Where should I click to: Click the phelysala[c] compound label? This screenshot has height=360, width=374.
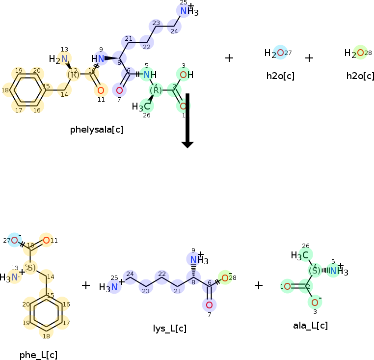tap(96, 130)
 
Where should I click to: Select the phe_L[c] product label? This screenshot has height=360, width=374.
tap(38, 355)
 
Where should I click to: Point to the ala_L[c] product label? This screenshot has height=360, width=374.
tap(310, 325)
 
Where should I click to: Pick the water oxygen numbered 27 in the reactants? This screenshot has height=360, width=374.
tap(280, 53)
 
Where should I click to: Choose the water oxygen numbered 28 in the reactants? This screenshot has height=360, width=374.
tap(360, 53)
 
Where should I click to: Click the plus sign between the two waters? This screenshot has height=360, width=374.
tap(309, 58)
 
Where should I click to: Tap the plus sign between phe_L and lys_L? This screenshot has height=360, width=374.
tap(86, 285)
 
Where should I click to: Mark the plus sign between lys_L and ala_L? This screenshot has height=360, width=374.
tap(259, 285)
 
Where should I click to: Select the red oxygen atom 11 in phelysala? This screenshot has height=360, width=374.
tap(100, 90)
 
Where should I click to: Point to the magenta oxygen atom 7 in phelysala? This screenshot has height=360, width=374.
tap(119, 90)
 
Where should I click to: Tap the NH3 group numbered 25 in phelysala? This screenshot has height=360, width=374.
tap(187, 11)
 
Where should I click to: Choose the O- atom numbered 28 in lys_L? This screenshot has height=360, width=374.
tap(225, 277)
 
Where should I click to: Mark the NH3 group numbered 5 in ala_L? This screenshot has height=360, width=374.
tap(336, 271)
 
